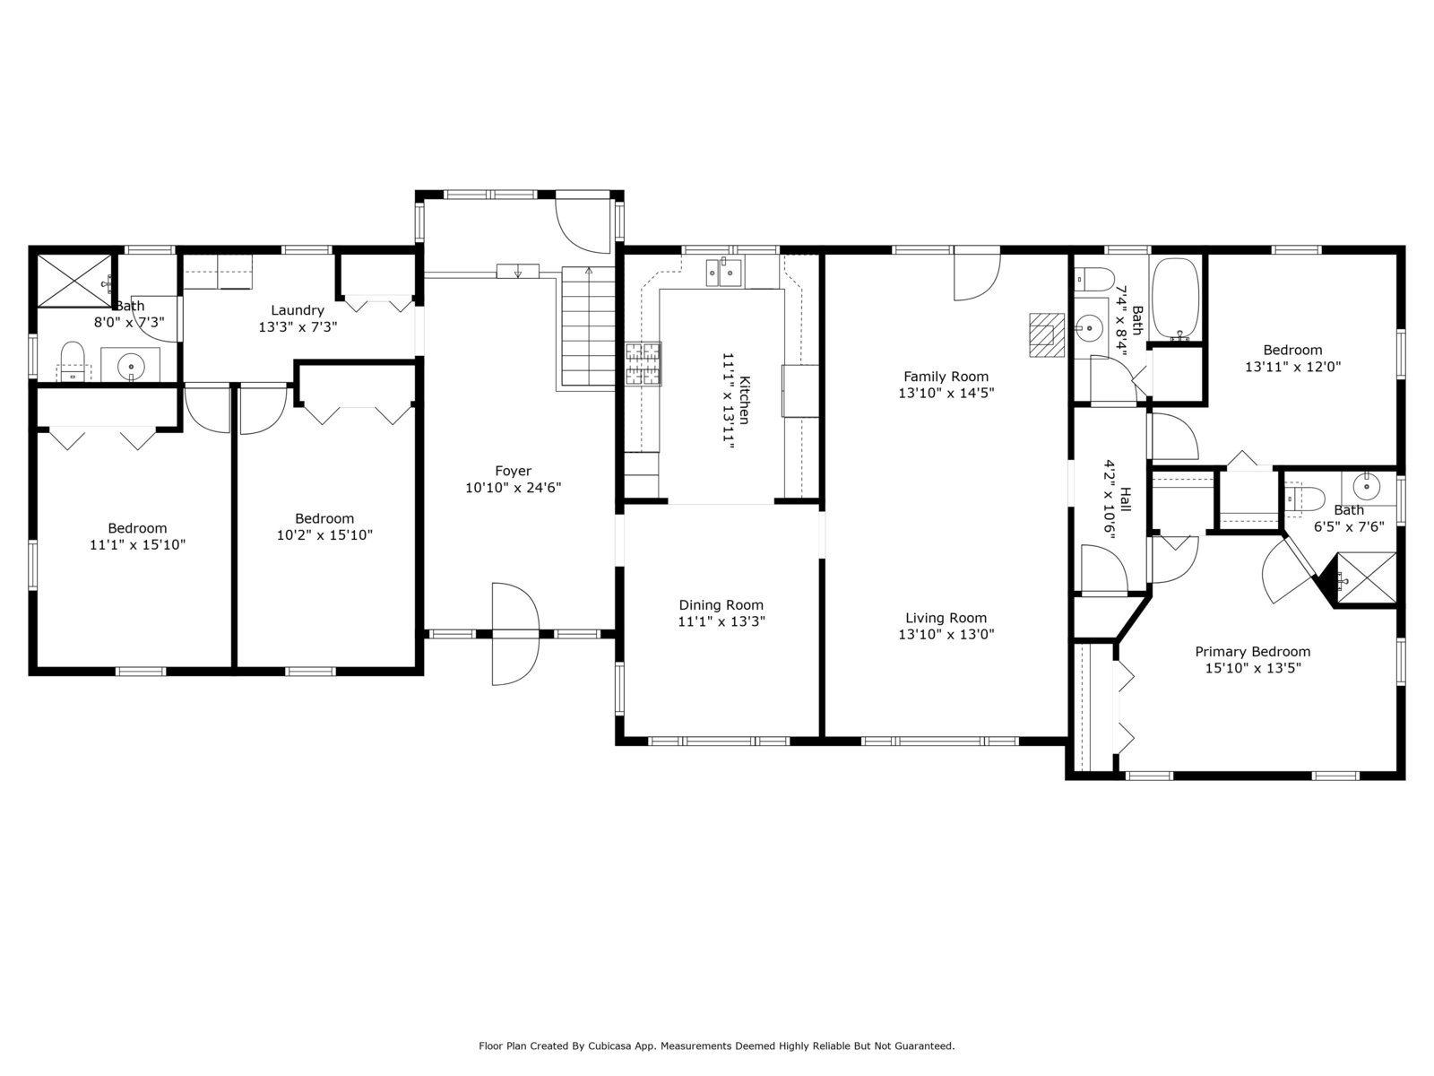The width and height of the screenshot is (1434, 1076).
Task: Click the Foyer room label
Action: point(513,471)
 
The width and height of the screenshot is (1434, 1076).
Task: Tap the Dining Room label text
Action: point(721,605)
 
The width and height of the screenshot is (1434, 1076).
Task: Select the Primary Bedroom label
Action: point(1252,651)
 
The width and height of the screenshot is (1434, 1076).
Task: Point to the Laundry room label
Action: point(298,310)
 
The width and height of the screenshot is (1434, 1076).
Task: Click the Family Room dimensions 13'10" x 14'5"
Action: point(946,393)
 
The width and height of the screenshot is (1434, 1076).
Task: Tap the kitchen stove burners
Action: point(643,364)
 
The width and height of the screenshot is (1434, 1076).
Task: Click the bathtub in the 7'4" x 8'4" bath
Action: point(1176,299)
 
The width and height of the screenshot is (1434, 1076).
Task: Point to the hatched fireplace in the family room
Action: point(1047,334)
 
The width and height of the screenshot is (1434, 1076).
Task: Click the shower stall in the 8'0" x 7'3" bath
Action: point(73,281)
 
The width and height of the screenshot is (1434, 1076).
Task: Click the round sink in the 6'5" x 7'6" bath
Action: point(1366,486)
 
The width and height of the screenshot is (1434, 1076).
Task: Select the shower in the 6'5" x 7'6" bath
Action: point(1366,579)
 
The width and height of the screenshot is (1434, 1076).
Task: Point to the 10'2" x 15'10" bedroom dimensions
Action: point(324,535)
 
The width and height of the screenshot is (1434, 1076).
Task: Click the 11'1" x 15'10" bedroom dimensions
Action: point(137,544)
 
